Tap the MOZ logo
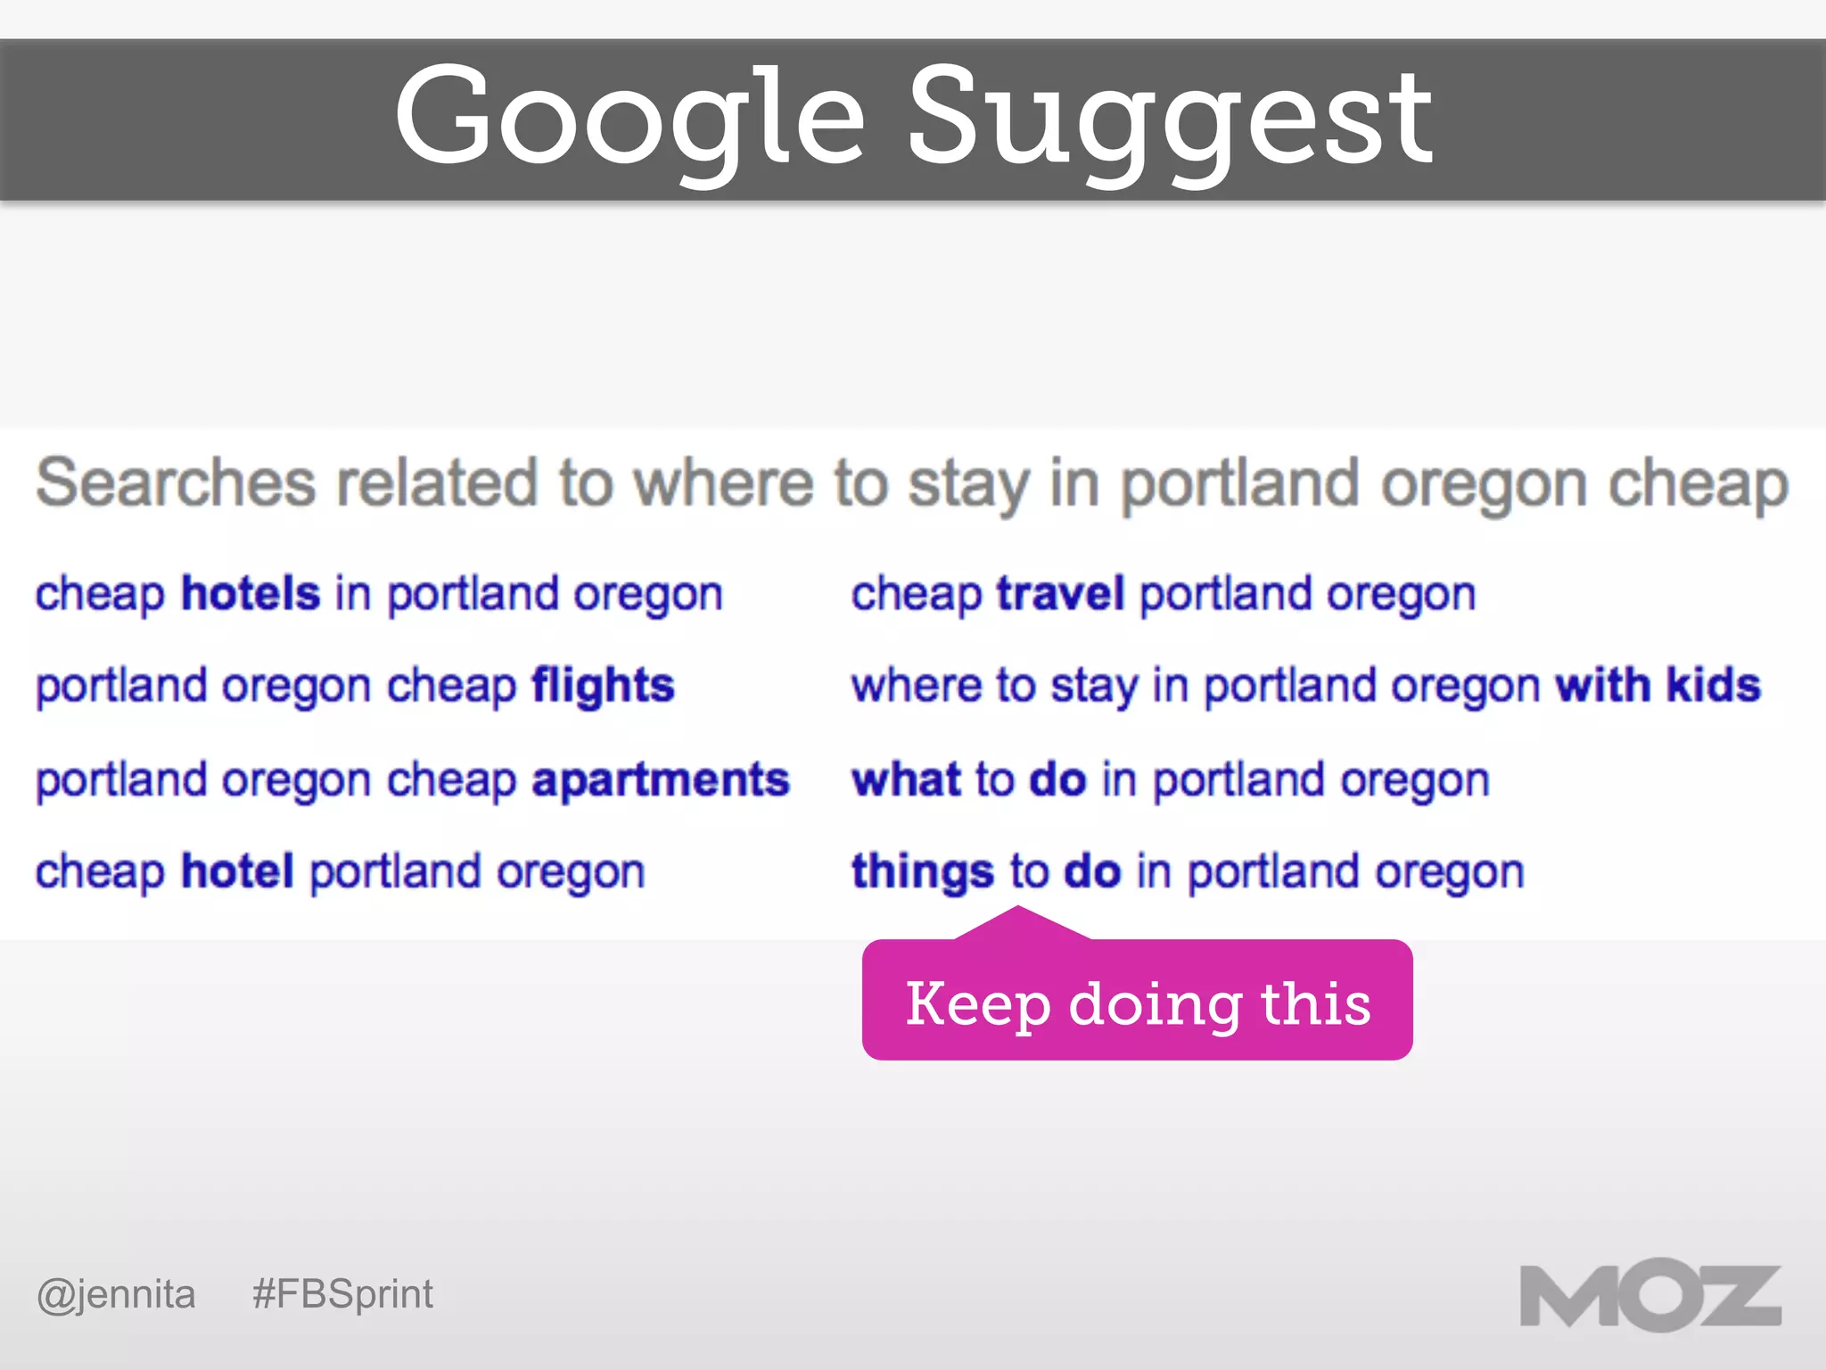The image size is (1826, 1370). coord(1650,1296)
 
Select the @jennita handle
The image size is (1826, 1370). coord(116,1293)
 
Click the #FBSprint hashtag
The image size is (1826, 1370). coord(342,1293)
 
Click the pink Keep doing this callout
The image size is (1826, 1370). coord(1137,1002)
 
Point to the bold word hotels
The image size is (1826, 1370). coord(251,593)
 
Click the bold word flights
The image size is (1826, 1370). coord(603,686)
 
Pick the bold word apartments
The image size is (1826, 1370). coord(661,780)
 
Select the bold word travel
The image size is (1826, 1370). coord(1060,593)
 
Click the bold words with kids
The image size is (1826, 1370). coord(1657,686)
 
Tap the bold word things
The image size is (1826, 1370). coord(922,871)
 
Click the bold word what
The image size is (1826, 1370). coord(905,780)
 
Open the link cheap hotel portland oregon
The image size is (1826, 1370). coord(340,871)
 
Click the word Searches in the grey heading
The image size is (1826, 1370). coord(176,483)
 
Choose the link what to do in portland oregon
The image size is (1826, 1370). coord(1170,780)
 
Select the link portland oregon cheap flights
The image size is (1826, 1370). coord(355,686)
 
